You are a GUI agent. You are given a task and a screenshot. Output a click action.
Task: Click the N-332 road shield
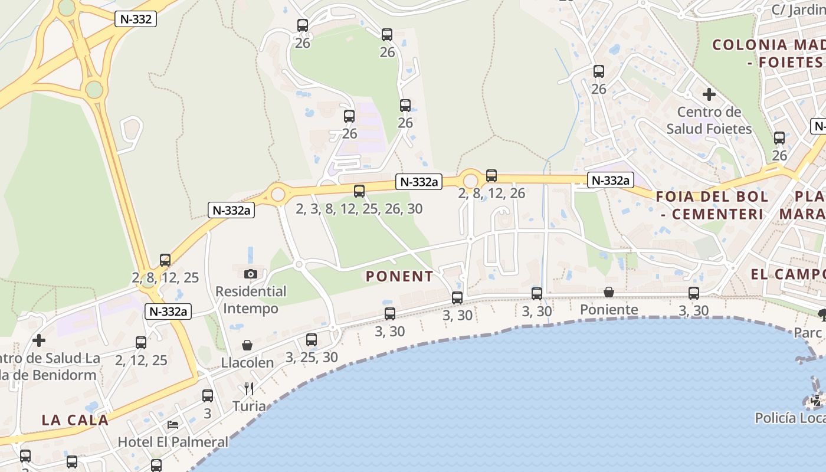[x=136, y=19]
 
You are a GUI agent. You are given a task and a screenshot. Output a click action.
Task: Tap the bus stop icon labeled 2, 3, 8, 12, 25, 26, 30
[x=359, y=191]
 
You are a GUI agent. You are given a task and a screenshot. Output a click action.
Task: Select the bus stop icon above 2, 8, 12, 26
[x=491, y=175]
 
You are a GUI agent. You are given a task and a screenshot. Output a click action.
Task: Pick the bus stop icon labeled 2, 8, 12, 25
[x=165, y=260]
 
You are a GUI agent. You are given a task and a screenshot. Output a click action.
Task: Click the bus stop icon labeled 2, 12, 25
[x=141, y=342]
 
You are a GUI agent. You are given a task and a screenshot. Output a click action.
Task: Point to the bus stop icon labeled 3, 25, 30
[x=312, y=339]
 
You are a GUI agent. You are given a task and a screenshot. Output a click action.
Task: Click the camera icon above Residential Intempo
[x=251, y=274]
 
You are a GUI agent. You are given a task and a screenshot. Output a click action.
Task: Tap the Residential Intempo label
[x=251, y=300]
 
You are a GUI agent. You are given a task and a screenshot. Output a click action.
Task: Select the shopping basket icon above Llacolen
[x=247, y=345]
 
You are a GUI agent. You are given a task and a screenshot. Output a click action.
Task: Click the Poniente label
[x=609, y=310]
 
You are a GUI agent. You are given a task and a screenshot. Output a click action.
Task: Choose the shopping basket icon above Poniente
[x=609, y=292]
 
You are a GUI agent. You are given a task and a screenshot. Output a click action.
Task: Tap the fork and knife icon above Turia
[x=249, y=388]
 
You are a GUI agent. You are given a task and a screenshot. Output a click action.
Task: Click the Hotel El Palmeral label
[x=173, y=441]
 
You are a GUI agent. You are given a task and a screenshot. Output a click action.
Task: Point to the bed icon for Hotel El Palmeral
[x=173, y=424]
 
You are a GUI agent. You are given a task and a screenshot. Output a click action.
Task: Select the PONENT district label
[x=399, y=276]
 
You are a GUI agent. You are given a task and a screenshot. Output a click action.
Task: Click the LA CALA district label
[x=75, y=420]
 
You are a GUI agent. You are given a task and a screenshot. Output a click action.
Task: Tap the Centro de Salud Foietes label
[x=709, y=120]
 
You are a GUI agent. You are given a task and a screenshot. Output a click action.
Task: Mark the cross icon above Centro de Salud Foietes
[x=709, y=94]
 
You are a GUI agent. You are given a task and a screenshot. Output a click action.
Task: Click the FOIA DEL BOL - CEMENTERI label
[x=712, y=205]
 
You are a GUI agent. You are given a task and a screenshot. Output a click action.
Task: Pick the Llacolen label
[x=247, y=362]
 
